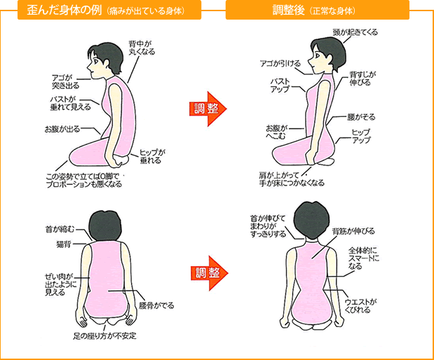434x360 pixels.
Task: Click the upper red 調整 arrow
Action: [x=208, y=109]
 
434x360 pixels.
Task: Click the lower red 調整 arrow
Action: [x=209, y=273]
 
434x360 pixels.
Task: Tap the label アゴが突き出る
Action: [x=65, y=82]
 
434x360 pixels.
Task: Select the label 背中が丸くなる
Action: [x=142, y=48]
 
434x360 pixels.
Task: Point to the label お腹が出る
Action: [x=62, y=129]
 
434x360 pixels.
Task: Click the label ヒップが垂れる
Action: [x=152, y=156]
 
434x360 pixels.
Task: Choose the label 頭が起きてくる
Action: [x=355, y=32]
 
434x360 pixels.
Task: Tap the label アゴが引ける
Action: [x=280, y=64]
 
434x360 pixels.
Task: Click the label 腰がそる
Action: [x=361, y=117]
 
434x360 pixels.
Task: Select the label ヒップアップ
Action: [x=361, y=137]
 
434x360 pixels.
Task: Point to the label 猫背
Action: [x=64, y=244]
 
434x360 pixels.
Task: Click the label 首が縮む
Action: [x=60, y=229]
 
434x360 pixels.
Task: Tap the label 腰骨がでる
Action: [x=156, y=305]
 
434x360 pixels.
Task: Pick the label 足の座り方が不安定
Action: [x=104, y=335]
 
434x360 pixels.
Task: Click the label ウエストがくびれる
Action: [x=360, y=306]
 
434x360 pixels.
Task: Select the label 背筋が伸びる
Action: [x=353, y=231]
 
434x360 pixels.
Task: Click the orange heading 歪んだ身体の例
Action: [x=65, y=10]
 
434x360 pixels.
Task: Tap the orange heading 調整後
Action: [x=288, y=11]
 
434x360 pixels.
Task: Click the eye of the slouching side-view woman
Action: [x=95, y=61]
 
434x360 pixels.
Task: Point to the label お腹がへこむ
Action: [x=276, y=132]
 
